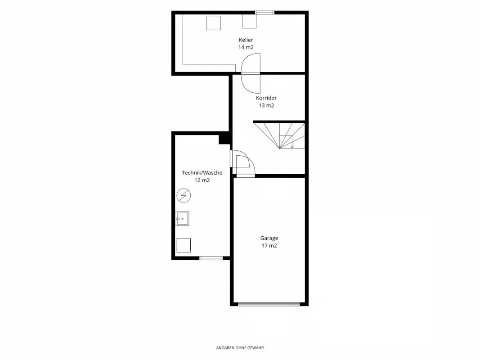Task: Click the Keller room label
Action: coord(246,40)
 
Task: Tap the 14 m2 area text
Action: coord(246,47)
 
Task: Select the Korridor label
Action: coord(266,98)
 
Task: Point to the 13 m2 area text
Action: coord(266,105)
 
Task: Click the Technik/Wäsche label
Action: coord(202,173)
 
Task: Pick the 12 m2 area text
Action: coord(202,180)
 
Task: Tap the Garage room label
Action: coord(269,238)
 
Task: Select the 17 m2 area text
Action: coord(269,246)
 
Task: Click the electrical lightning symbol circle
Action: coord(184,195)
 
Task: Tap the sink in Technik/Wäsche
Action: coord(182,219)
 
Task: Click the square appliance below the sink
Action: coord(184,245)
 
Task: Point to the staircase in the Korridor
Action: coord(279,135)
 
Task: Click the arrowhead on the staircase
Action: coord(292,147)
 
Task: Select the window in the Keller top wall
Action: coord(265,13)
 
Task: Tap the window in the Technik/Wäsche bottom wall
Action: coord(211,258)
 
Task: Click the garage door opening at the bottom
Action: coord(269,304)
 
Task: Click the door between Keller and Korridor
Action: coord(251,73)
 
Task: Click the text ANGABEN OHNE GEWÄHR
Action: coord(240,348)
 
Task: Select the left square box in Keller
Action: coord(214,22)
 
